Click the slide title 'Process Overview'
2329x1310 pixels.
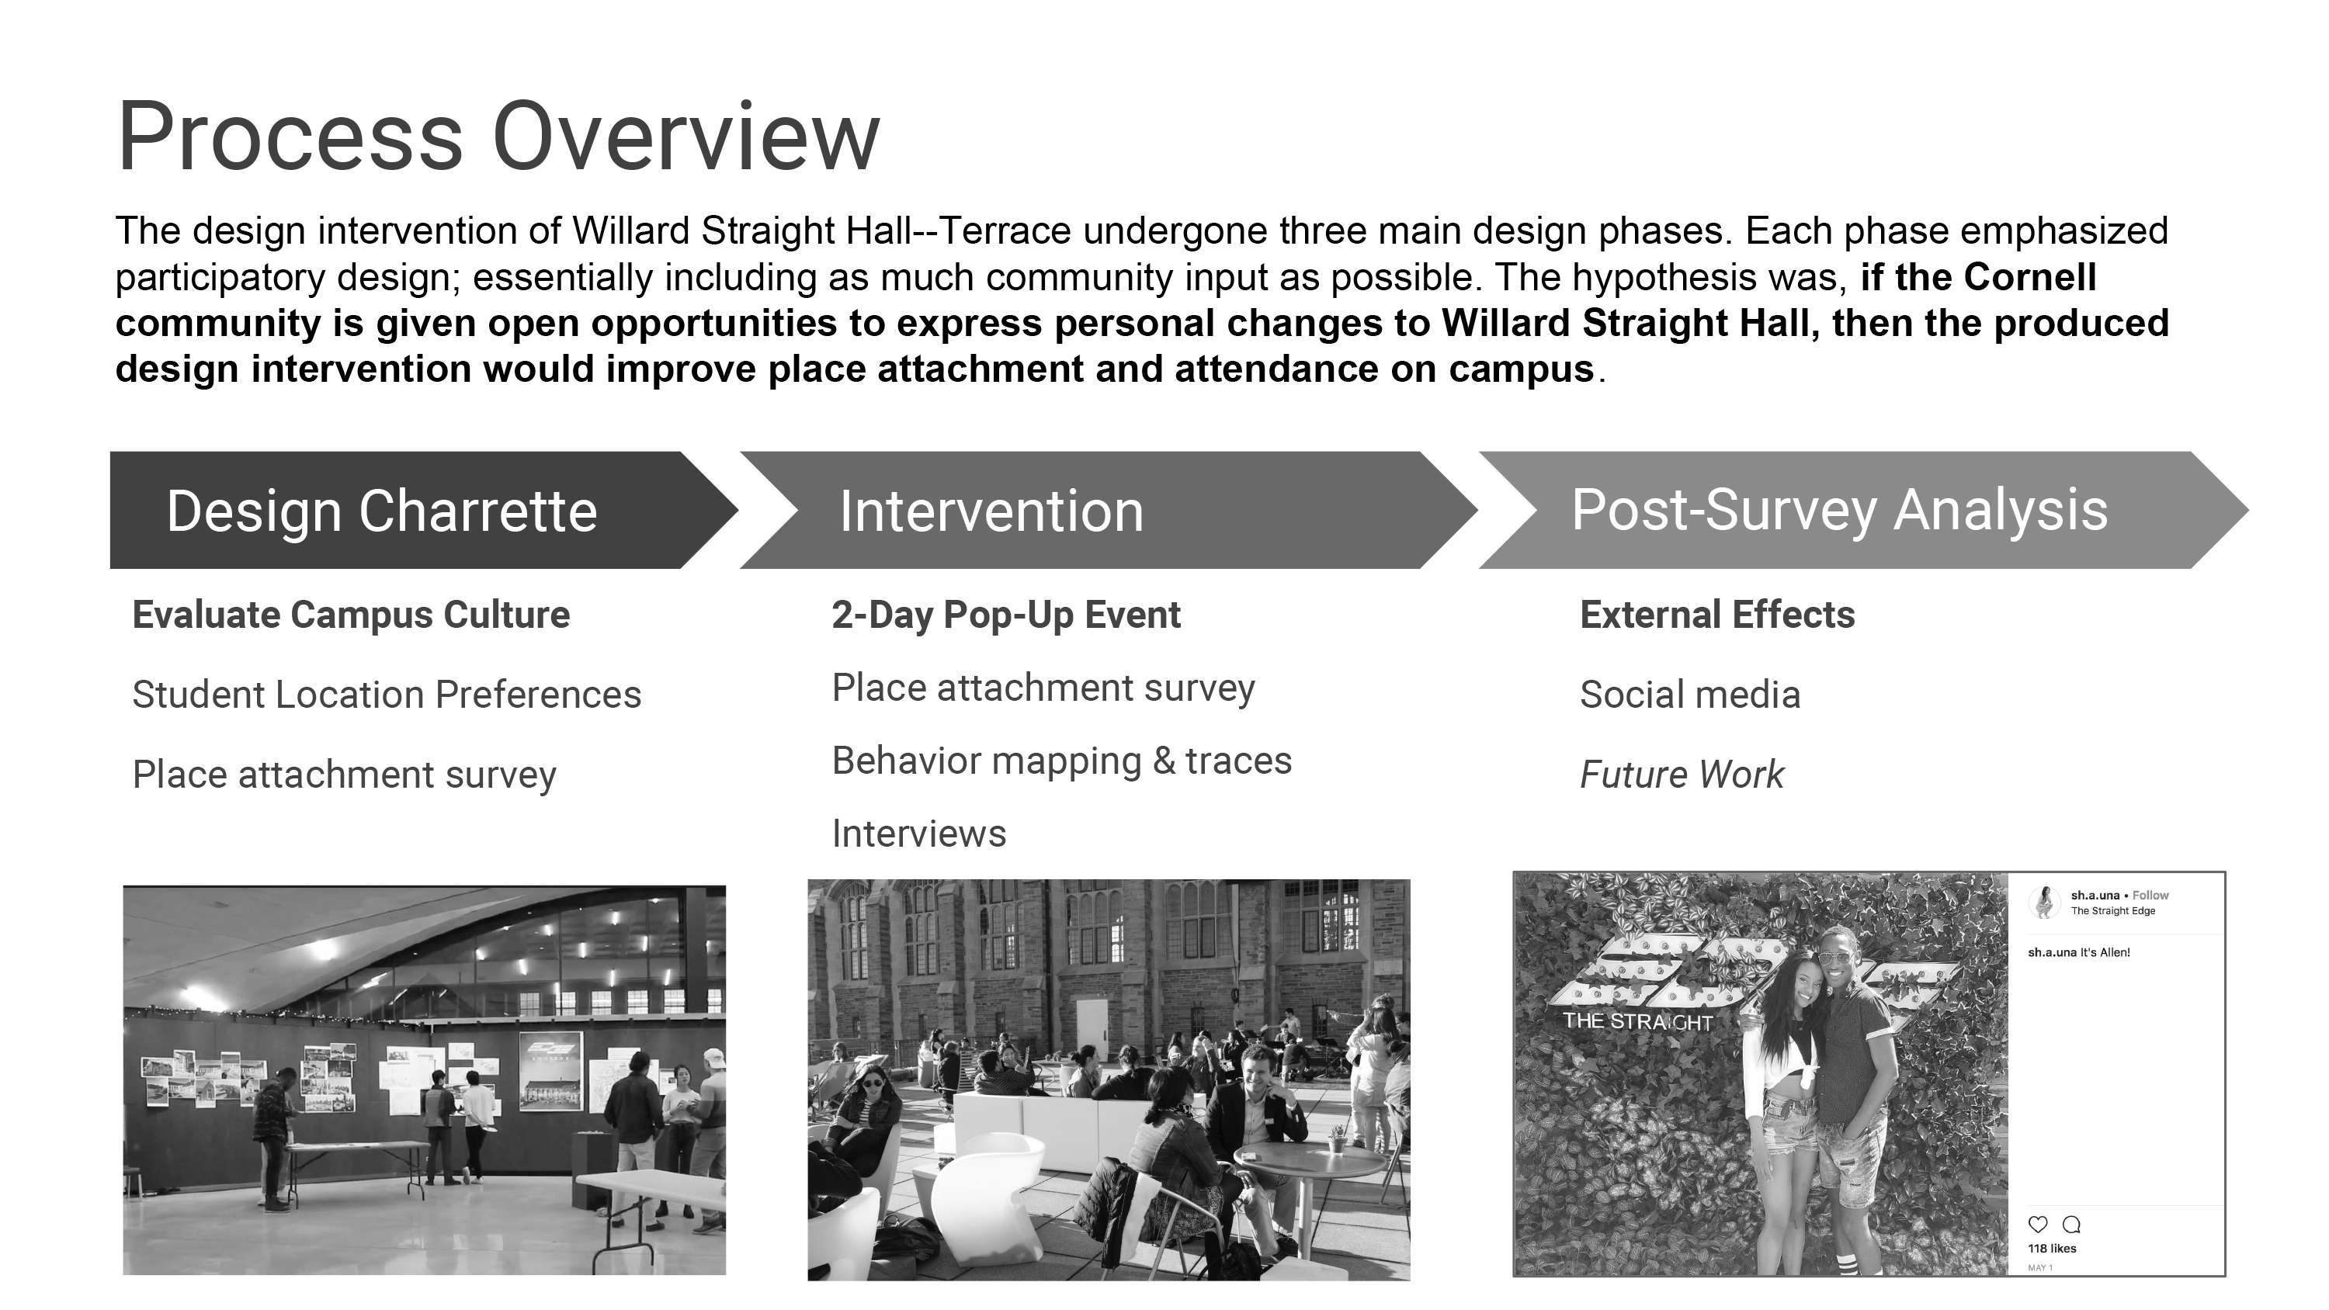click(498, 137)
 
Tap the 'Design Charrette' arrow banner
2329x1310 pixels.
click(423, 510)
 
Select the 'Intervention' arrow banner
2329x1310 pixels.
click(1109, 510)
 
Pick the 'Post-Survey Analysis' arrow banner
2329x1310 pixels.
click(1863, 510)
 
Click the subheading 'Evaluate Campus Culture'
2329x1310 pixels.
click(351, 615)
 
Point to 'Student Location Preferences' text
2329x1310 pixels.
click(387, 695)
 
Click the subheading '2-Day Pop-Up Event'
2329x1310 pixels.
click(1005, 615)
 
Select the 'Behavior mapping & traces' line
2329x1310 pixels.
click(1061, 761)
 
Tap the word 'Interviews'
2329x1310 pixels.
click(918, 833)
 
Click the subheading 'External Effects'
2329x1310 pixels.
click(1717, 615)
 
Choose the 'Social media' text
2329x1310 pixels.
click(1690, 695)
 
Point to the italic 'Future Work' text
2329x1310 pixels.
click(1682, 775)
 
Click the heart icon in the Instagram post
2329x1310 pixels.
click(2038, 1224)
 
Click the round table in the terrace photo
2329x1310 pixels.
click(1308, 1160)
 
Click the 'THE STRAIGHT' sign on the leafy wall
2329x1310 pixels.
click(1637, 1021)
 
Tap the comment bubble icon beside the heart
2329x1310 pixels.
click(2071, 1224)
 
